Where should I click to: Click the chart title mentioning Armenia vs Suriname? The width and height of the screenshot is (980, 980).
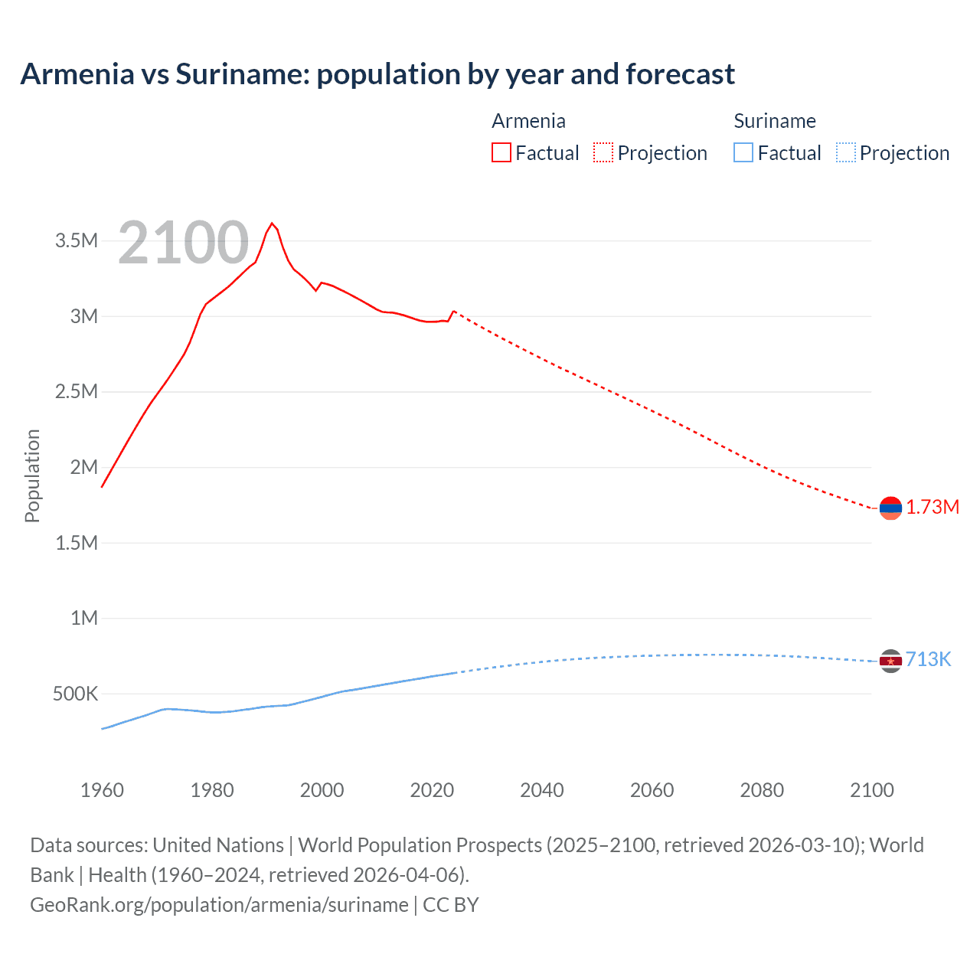[x=377, y=74]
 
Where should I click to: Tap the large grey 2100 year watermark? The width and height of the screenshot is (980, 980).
[x=184, y=243]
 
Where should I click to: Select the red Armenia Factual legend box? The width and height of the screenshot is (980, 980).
[x=501, y=152]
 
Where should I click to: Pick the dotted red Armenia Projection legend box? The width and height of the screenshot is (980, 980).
[x=603, y=152]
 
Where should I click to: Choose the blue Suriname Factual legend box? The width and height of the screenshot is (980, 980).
[x=743, y=152]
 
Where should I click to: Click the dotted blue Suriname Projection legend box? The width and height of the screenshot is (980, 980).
[x=846, y=152]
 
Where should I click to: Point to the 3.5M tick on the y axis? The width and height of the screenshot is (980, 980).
[x=77, y=241]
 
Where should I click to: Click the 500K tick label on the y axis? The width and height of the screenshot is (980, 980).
[x=75, y=694]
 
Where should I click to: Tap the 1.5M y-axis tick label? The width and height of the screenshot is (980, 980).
[x=77, y=544]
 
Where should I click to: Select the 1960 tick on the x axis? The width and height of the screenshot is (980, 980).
[x=102, y=790]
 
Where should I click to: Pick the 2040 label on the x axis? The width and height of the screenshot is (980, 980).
[x=542, y=790]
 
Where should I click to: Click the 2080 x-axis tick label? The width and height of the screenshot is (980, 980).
[x=762, y=790]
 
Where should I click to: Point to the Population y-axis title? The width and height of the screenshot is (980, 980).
[x=32, y=475]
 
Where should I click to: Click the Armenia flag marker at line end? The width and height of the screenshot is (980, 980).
[x=890, y=508]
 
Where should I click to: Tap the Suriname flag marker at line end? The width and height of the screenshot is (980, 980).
[x=890, y=661]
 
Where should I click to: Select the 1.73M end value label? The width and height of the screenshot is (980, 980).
[x=933, y=508]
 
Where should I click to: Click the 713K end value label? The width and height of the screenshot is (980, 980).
[x=928, y=660]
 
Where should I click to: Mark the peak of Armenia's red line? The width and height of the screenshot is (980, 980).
[x=272, y=223]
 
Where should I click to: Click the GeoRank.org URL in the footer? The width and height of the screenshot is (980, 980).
[x=219, y=905]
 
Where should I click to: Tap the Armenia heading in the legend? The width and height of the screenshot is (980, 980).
[x=528, y=121]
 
